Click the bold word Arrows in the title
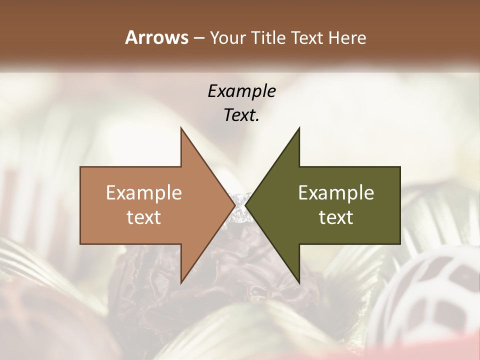156,37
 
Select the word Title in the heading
268,37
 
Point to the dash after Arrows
198,38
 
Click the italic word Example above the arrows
241,91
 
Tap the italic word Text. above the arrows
241,115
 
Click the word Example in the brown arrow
144,192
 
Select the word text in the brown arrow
144,217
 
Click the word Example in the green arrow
336,192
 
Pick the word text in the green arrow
336,217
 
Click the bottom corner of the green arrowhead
299,282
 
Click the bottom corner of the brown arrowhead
181,282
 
